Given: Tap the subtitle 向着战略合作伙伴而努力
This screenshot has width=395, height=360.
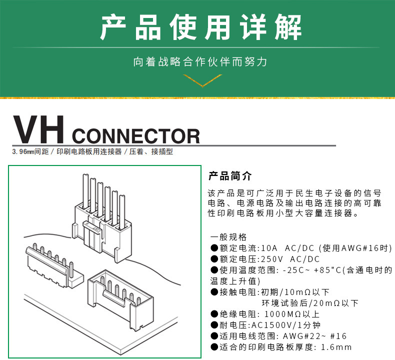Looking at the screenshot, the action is click(200, 62).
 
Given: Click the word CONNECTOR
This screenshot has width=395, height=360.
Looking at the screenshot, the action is click(136, 136).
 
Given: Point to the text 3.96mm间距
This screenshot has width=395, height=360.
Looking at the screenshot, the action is click(30, 151).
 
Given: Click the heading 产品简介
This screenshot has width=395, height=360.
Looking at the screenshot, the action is click(230, 176).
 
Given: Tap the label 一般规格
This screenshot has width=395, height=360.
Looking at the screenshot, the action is click(228, 237).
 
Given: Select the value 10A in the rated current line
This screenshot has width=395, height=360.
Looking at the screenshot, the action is click(269, 248).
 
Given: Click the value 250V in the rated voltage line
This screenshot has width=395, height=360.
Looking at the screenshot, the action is click(272, 259).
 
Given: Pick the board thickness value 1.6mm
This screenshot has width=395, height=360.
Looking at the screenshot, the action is click(336, 347).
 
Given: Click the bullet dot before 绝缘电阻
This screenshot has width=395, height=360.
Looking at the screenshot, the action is click(214, 314).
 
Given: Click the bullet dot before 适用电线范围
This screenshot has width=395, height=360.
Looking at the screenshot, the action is click(214, 336).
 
